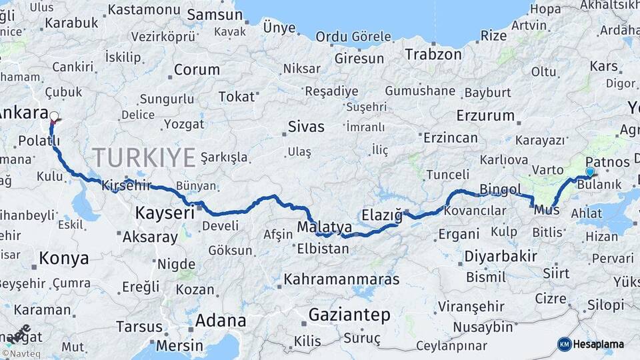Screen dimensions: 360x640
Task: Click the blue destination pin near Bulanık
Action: (589, 172)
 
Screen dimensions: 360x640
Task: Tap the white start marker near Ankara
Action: (54, 116)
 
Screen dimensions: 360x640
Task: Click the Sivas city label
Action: (306, 127)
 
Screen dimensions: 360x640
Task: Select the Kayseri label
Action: (165, 213)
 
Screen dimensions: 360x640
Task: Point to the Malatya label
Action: (324, 227)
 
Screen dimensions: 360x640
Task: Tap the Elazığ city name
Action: (382, 215)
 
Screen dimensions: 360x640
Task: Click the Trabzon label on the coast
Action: (433, 55)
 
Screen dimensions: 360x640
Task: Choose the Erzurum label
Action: (485, 115)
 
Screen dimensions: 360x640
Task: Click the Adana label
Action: (221, 321)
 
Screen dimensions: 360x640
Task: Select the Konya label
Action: (63, 258)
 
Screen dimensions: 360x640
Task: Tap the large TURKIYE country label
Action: (144, 157)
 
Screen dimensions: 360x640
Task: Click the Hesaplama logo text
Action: (599, 344)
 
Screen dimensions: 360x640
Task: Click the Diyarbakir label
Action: (500, 257)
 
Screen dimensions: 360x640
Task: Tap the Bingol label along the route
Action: (500, 189)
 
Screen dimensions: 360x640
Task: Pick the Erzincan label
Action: (450, 138)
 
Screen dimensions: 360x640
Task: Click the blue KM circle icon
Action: (565, 344)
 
